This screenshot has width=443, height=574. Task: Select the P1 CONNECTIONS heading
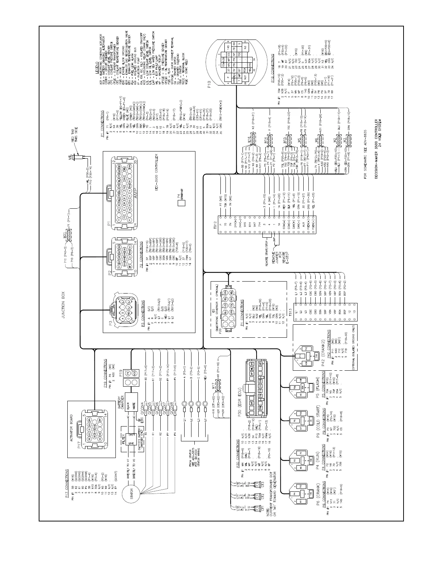point(102,124)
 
